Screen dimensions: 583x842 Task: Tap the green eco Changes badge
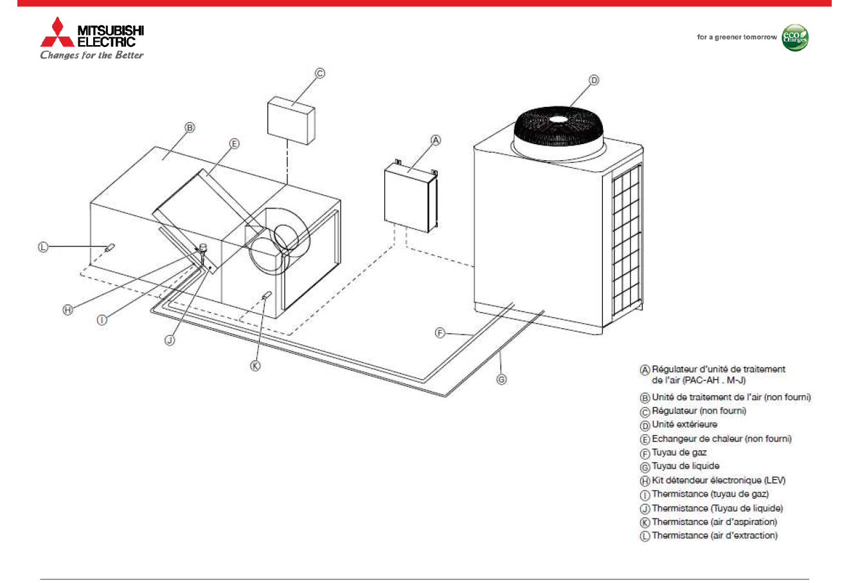795,37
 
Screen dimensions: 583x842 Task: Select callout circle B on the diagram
190,128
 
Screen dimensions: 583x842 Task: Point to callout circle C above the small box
319,73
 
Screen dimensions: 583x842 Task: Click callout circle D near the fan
594,80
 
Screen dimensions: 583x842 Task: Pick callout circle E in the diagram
234,144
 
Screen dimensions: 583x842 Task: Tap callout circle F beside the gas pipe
440,333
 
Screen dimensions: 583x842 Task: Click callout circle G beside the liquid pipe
501,380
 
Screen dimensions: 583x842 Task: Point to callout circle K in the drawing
255,366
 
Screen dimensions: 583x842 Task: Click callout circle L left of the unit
43,246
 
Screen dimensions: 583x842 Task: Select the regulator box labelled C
291,119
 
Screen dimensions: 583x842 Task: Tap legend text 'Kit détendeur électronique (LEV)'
718,480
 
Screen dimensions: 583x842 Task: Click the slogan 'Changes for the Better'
92,55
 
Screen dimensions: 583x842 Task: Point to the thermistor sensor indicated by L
110,247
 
